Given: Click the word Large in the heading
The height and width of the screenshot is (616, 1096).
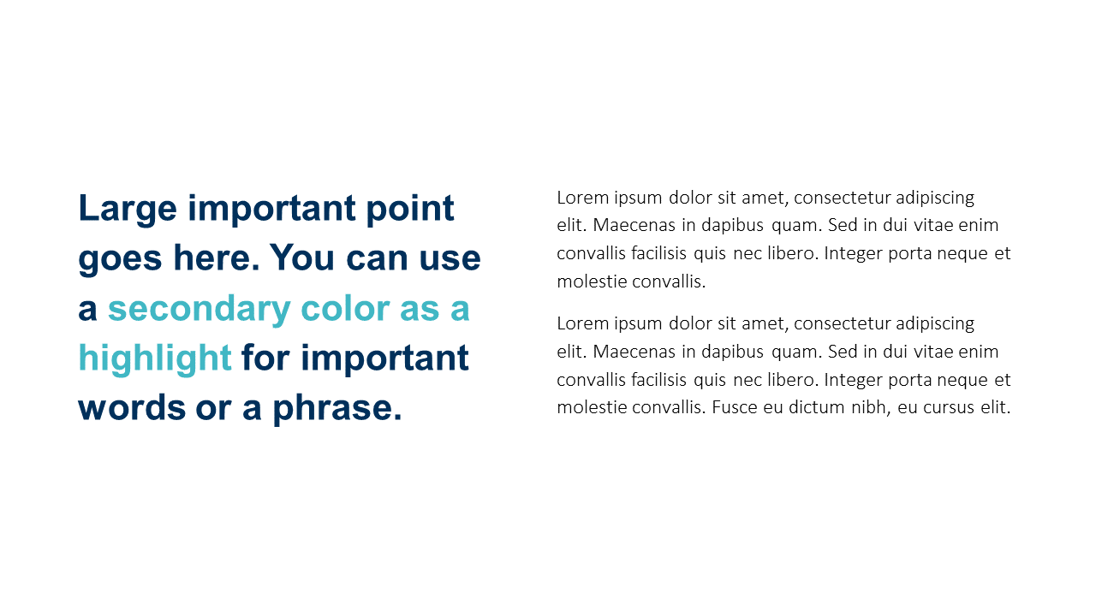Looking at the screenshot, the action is click(128, 209).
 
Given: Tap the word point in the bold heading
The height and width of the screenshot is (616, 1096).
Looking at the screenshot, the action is click(410, 209).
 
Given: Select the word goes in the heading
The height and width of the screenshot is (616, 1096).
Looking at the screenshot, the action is click(120, 259).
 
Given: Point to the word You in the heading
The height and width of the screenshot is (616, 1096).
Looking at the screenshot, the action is click(302, 258).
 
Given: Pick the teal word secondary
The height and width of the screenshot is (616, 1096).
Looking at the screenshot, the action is click(200, 310).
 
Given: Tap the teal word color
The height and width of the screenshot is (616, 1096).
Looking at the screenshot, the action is click(345, 309).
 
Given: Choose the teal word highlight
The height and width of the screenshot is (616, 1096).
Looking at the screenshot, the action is click(155, 359).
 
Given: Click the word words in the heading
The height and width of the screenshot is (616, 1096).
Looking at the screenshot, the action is click(132, 408).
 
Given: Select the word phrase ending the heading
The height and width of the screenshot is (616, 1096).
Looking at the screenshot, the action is click(337, 410).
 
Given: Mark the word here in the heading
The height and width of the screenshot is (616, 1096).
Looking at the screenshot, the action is click(217, 258).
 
